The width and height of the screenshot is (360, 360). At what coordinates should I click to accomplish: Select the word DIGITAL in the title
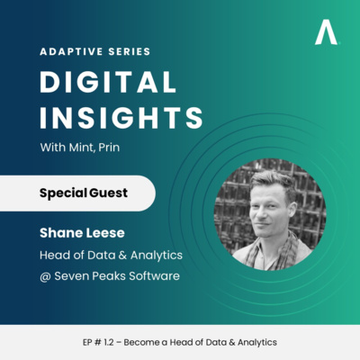103,84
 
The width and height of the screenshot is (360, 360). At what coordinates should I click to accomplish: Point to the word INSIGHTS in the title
121,118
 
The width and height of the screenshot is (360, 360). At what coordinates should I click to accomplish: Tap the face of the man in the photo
268,204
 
